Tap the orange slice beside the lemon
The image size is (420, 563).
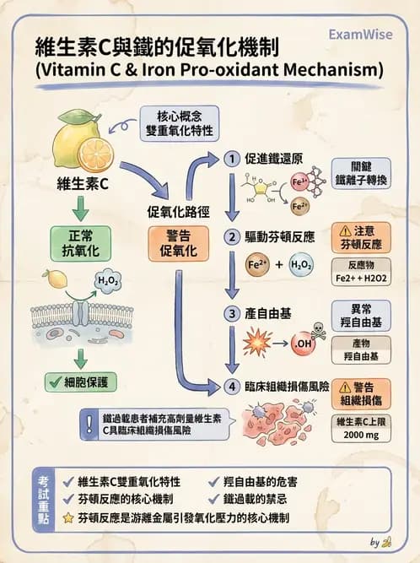[94, 154]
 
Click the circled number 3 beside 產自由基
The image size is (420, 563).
[231, 312]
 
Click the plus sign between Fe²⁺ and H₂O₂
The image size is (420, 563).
[279, 265]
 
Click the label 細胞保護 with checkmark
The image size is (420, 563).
[82, 382]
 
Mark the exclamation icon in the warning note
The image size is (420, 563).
[89, 425]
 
